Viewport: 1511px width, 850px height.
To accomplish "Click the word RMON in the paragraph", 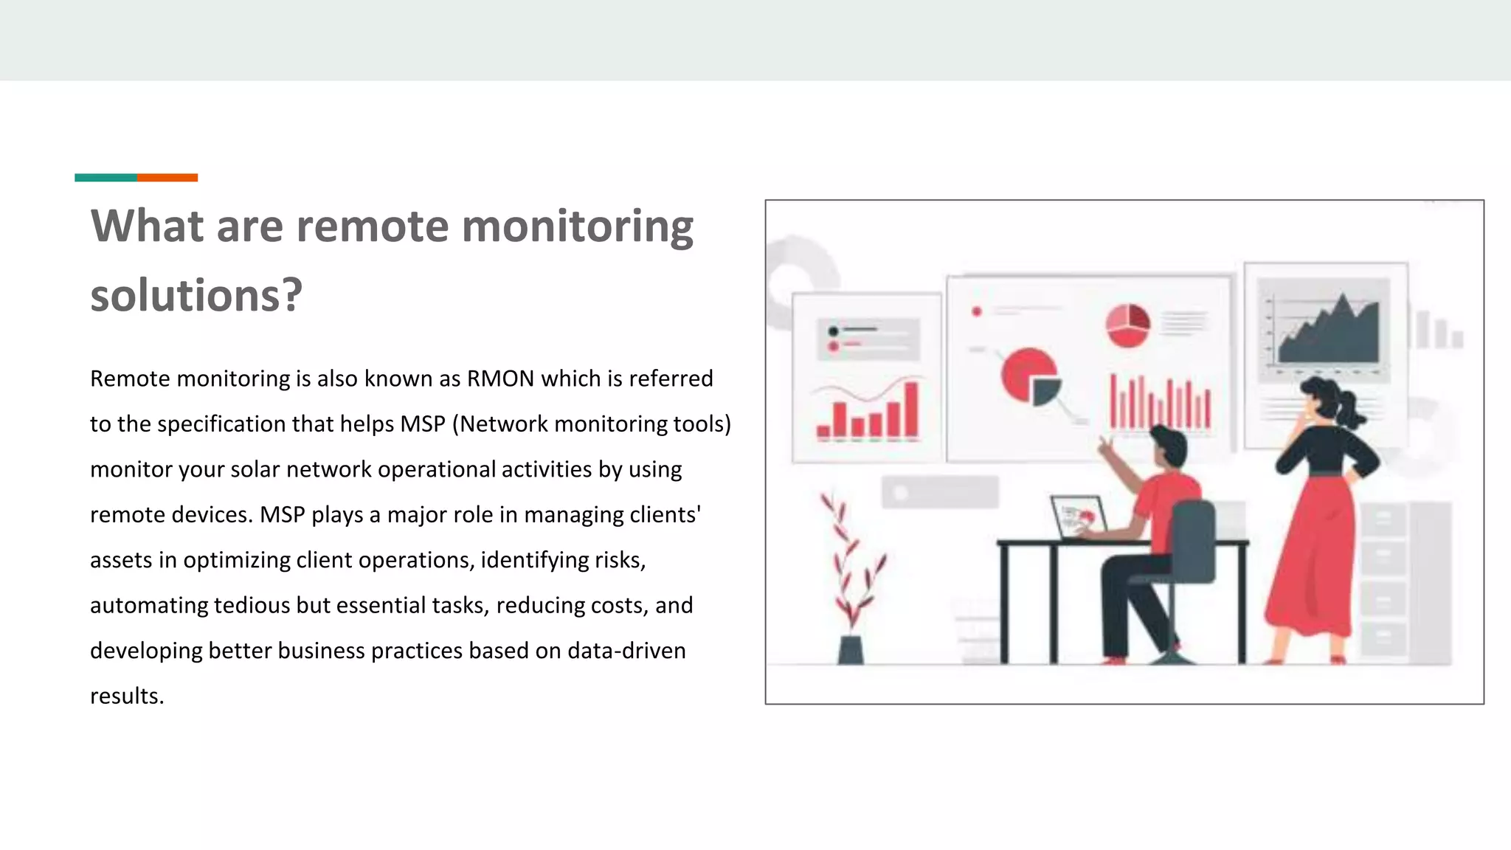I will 500,379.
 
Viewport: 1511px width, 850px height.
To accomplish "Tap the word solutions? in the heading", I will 196,295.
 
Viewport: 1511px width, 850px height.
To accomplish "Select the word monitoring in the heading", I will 577,226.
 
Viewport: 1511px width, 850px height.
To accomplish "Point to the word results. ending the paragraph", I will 127,696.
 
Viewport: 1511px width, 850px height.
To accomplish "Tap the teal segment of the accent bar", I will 106,177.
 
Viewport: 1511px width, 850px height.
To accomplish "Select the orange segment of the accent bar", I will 167,177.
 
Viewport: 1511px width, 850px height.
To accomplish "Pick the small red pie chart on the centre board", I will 1127,325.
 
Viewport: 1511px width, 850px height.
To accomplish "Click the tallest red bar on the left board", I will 912,410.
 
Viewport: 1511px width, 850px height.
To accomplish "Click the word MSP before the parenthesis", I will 423,424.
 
